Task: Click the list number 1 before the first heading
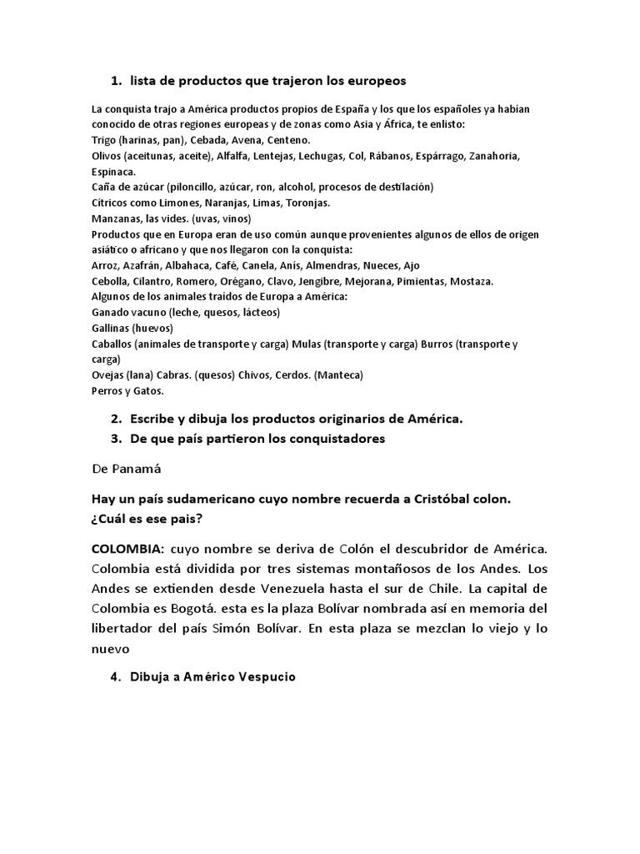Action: click(114, 80)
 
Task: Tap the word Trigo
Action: click(104, 140)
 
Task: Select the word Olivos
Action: click(107, 156)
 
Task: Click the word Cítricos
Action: click(111, 203)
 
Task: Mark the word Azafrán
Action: click(147, 265)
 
